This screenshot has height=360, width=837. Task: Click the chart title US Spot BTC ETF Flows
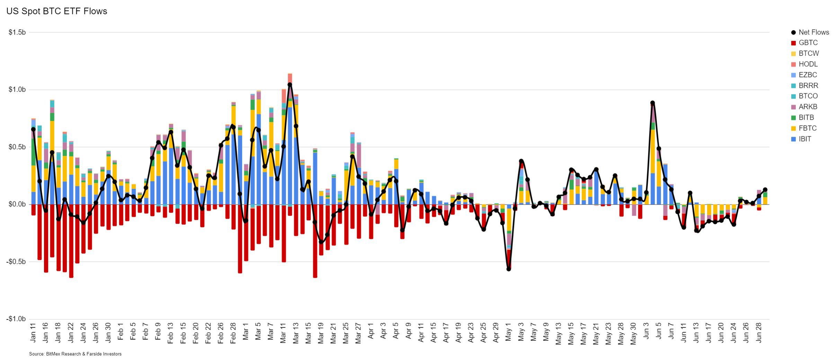point(57,11)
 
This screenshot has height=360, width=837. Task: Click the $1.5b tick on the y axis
point(17,33)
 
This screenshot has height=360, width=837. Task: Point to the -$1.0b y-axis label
point(16,319)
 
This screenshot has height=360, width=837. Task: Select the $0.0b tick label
point(17,204)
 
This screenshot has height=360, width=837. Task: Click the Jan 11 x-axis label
point(33,333)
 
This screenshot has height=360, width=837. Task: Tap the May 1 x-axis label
point(508,333)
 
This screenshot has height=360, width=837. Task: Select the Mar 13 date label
point(296,333)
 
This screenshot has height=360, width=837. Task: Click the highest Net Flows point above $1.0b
point(290,85)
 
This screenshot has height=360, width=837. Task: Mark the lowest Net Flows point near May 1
point(509,269)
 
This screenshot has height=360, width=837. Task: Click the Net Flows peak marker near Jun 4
point(652,103)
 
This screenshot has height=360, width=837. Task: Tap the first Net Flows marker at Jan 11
point(33,129)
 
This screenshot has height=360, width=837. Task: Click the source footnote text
point(75,354)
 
